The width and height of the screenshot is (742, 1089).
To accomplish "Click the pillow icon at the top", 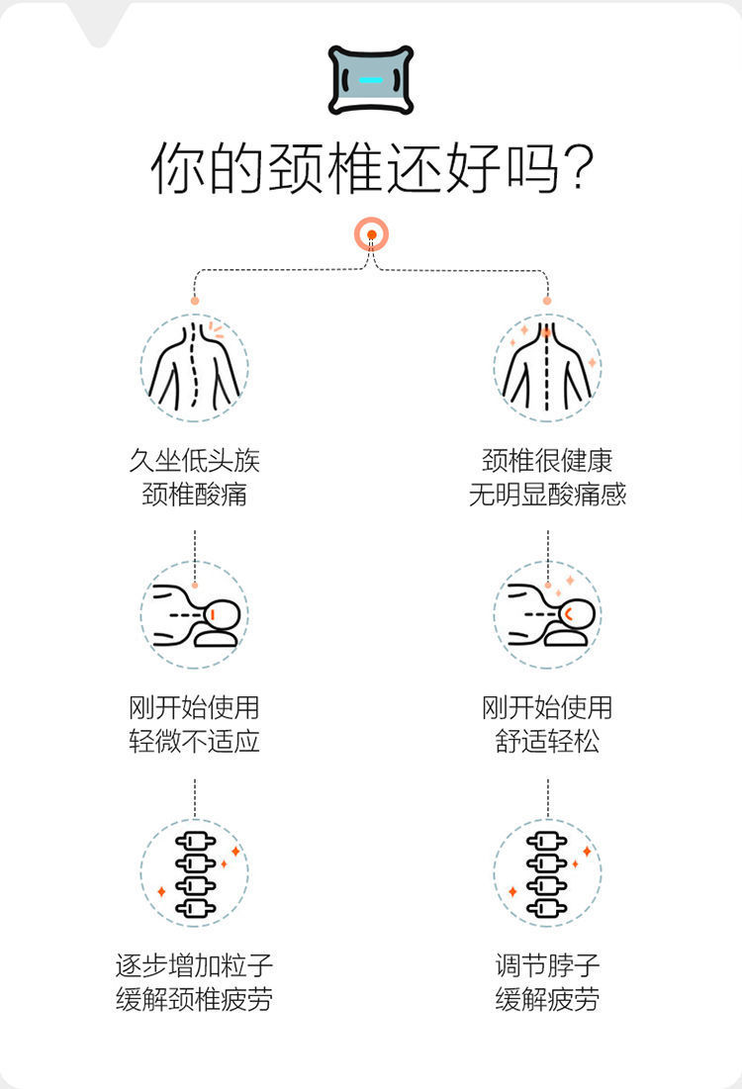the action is [371, 80].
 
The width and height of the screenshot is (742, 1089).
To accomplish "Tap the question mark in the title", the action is [578, 169].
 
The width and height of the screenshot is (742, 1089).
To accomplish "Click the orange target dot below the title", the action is [372, 234].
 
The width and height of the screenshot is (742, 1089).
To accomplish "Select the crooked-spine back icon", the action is [195, 367].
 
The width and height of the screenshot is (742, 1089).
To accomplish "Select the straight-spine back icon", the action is [547, 367].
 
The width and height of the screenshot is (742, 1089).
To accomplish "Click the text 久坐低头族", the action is [195, 461].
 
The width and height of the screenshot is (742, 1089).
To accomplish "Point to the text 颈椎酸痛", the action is [195, 495].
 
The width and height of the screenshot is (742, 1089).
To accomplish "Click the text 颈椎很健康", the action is [547, 461].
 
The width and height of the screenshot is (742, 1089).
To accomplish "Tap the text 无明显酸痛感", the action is [547, 495].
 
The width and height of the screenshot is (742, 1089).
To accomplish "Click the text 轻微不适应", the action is [195, 741].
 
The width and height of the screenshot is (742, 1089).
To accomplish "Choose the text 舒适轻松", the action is [547, 741].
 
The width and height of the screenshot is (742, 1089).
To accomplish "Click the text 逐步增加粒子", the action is [195, 965].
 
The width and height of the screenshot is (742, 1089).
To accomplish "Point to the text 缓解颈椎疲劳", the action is [195, 999].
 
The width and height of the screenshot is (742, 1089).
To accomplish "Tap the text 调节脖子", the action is [547, 965].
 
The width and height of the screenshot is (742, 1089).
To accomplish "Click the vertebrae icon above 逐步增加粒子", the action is [195, 873].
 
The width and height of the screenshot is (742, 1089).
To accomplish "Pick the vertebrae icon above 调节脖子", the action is [547, 873].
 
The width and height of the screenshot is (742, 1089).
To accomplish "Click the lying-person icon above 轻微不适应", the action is [195, 614].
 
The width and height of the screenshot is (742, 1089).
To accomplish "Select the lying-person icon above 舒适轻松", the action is [547, 614].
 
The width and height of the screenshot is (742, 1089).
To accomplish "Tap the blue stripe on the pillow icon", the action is [371, 80].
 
